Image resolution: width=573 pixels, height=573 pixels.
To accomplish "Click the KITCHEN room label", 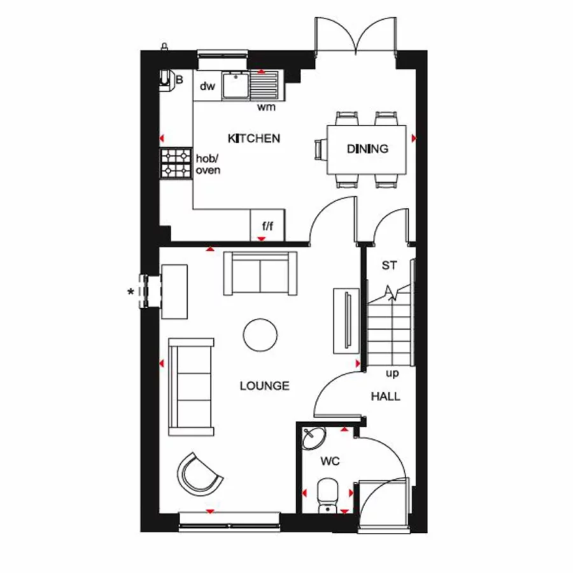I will [x=254, y=138].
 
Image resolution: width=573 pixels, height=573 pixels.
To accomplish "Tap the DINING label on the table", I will [x=367, y=149].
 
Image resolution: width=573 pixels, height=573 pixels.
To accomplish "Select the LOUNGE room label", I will [x=264, y=386].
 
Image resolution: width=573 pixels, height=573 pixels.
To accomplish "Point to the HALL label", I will [x=386, y=397].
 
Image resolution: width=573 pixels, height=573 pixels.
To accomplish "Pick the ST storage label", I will [x=388, y=265].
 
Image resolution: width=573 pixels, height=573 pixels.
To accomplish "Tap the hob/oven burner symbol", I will [x=176, y=162].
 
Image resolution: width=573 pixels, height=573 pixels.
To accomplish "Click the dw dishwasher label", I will [x=208, y=87].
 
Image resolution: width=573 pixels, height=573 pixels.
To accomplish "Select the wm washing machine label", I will [x=266, y=107].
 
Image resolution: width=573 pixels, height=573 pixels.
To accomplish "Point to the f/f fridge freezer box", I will [x=267, y=225].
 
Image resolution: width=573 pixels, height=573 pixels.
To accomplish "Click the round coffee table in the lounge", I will [x=260, y=334].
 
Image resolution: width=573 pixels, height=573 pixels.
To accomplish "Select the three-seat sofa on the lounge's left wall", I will [x=192, y=386].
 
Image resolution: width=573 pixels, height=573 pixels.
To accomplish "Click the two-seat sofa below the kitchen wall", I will [x=260, y=273].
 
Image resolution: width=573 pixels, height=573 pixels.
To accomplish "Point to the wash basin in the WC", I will [x=313, y=439].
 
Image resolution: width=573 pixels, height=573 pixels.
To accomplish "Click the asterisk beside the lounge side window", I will [x=131, y=292].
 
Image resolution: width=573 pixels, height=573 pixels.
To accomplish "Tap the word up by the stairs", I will [x=393, y=374].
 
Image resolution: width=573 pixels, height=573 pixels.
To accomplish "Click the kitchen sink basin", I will [x=236, y=85].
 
